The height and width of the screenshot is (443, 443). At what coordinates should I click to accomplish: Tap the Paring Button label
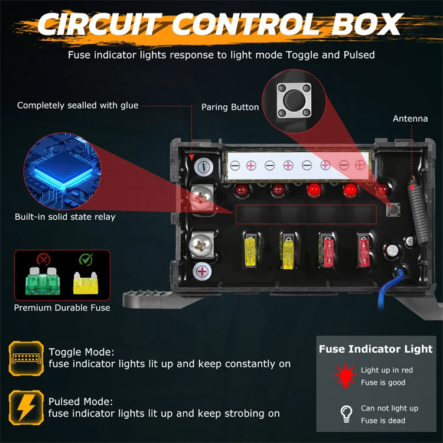click(x=230, y=108)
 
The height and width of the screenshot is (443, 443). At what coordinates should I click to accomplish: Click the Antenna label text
click(x=410, y=119)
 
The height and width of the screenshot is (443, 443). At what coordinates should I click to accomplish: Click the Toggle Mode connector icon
click(x=26, y=357)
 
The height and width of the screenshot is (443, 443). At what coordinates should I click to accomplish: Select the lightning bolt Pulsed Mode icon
click(x=26, y=406)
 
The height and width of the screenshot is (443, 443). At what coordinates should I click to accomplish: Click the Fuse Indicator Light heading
click(x=375, y=349)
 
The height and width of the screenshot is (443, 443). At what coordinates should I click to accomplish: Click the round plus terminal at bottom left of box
click(x=202, y=272)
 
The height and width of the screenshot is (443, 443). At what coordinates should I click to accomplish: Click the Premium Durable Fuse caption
click(x=62, y=308)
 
